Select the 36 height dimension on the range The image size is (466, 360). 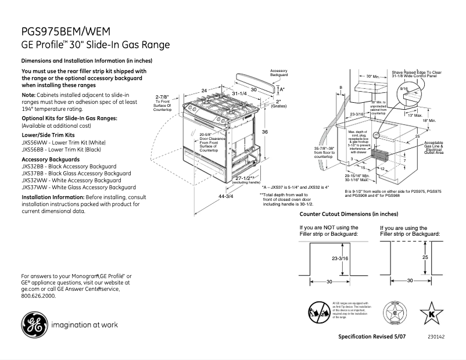(x=264, y=132)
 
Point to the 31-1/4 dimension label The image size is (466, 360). (x=239, y=93)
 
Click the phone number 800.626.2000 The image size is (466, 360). (x=38, y=296)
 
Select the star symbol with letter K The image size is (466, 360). (x=431, y=312)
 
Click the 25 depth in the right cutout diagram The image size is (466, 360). (x=425, y=256)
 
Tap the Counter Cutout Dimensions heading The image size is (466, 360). (x=349, y=214)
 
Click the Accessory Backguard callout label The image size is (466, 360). (x=279, y=73)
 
